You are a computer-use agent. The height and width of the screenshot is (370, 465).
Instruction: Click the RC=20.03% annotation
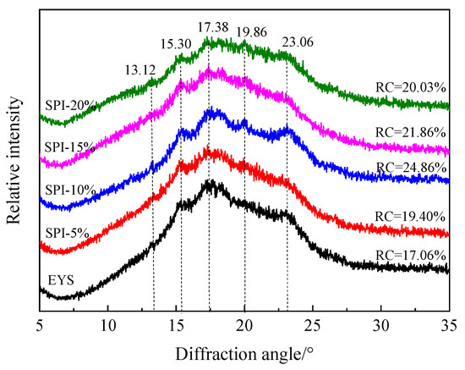pos(411,86)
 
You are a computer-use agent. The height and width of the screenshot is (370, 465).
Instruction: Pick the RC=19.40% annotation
pos(411,218)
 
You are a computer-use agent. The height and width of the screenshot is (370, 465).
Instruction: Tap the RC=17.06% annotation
pos(411,251)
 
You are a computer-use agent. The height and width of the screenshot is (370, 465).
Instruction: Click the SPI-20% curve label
pos(68,103)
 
